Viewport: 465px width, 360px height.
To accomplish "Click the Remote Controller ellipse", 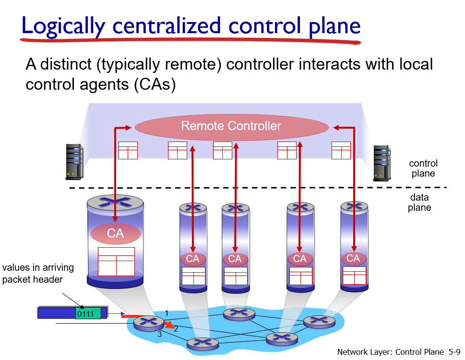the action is click(232, 127).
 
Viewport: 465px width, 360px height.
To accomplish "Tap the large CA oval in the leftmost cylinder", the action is click(116, 234).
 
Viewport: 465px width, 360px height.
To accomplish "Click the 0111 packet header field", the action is click(88, 314).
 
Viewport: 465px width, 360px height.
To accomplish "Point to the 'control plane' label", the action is click(423, 168).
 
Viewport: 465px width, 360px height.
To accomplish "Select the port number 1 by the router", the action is click(167, 313).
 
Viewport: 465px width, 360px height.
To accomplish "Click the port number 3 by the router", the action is click(160, 335).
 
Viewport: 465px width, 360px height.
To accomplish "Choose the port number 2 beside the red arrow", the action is click(176, 329).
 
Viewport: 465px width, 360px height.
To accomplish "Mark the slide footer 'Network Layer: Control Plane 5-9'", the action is click(398, 352).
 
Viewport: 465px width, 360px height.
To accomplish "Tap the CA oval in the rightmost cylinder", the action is click(353, 259).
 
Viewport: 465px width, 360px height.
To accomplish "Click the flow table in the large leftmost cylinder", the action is click(116, 262).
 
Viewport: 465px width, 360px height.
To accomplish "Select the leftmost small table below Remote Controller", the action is click(128, 150).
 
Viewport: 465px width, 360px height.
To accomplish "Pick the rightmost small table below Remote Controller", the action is click(341, 150).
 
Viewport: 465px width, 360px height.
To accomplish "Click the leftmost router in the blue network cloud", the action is click(148, 323).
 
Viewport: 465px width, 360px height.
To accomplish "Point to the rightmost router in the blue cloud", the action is click(319, 321).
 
